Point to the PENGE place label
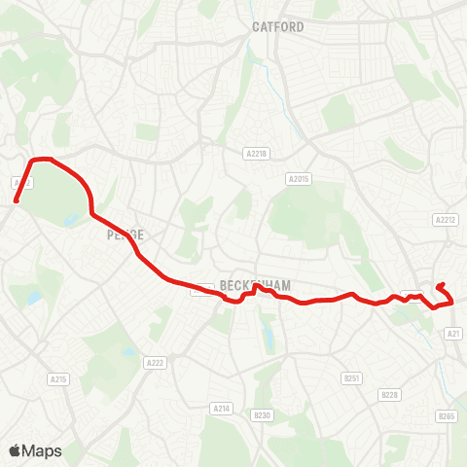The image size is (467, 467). [126, 235]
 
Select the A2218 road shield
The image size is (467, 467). [256, 153]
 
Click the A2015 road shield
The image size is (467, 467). [298, 178]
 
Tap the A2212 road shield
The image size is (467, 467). [446, 219]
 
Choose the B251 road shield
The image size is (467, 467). [352, 377]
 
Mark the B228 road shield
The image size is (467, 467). [390, 394]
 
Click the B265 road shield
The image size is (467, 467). [446, 416]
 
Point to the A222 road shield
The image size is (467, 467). [156, 363]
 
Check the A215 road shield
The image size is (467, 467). [57, 378]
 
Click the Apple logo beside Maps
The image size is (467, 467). [16, 450]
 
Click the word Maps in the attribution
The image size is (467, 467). [42, 450]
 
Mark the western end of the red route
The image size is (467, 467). [17, 201]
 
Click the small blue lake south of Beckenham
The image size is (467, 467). [267, 337]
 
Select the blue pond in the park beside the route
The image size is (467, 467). [70, 220]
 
